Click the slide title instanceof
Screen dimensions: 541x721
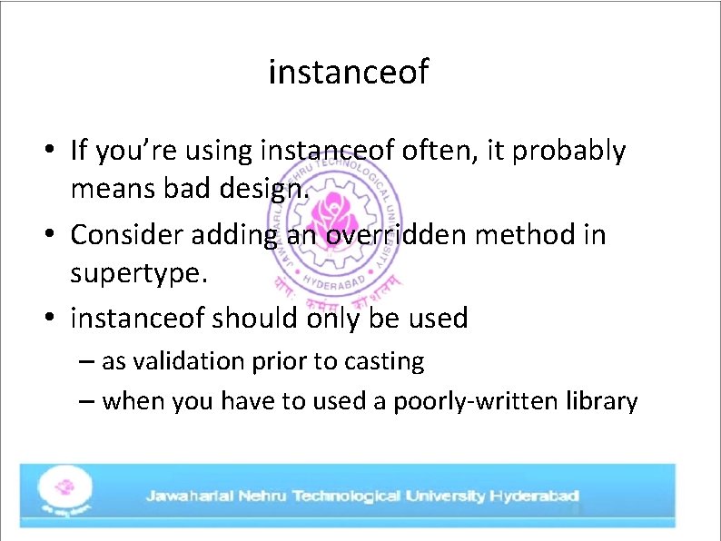click(x=348, y=72)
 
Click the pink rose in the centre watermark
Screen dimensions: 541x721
click(x=326, y=211)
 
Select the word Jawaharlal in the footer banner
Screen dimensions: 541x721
click(x=190, y=497)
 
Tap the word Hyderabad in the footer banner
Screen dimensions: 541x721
click(x=534, y=497)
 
